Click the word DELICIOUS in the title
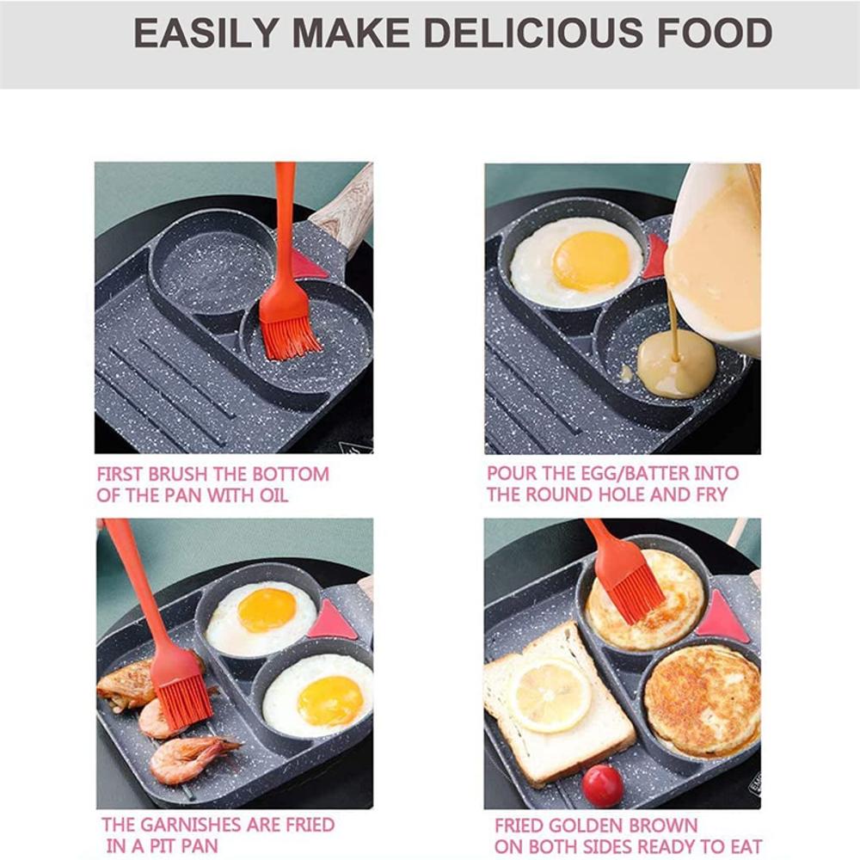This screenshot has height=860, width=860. coord(533,34)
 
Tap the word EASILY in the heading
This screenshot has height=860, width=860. coord(205,34)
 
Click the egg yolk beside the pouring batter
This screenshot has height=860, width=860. coord(591,261)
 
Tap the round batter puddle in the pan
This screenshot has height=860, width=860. coord(676,370)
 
